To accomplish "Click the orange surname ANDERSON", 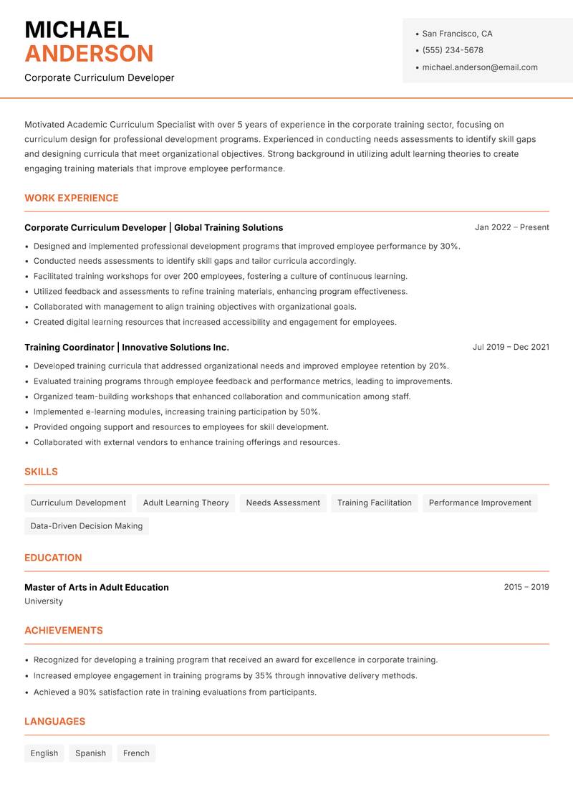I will click(x=89, y=54).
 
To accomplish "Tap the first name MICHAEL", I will click(x=77, y=29).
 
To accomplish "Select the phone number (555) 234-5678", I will click(x=453, y=50).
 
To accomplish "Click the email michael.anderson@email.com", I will click(x=480, y=67).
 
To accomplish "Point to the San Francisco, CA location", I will click(x=457, y=34).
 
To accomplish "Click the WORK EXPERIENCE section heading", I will click(x=72, y=198).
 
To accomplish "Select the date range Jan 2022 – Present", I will click(x=511, y=227).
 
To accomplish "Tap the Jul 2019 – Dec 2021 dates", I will click(x=511, y=347).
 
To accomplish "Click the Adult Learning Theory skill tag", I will click(x=186, y=502).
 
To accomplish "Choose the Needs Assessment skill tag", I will click(x=283, y=502).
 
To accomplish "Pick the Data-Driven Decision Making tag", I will click(x=87, y=525).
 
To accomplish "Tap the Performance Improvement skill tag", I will click(x=480, y=502).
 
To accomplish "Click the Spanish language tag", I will click(x=90, y=753).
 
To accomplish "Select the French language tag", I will click(x=136, y=753).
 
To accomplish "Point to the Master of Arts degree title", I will click(x=97, y=587).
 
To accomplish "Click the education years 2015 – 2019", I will click(x=526, y=587).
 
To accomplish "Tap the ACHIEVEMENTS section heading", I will click(x=64, y=630).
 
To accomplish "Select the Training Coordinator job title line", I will click(x=127, y=347).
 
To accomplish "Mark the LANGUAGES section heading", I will click(x=54, y=721).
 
